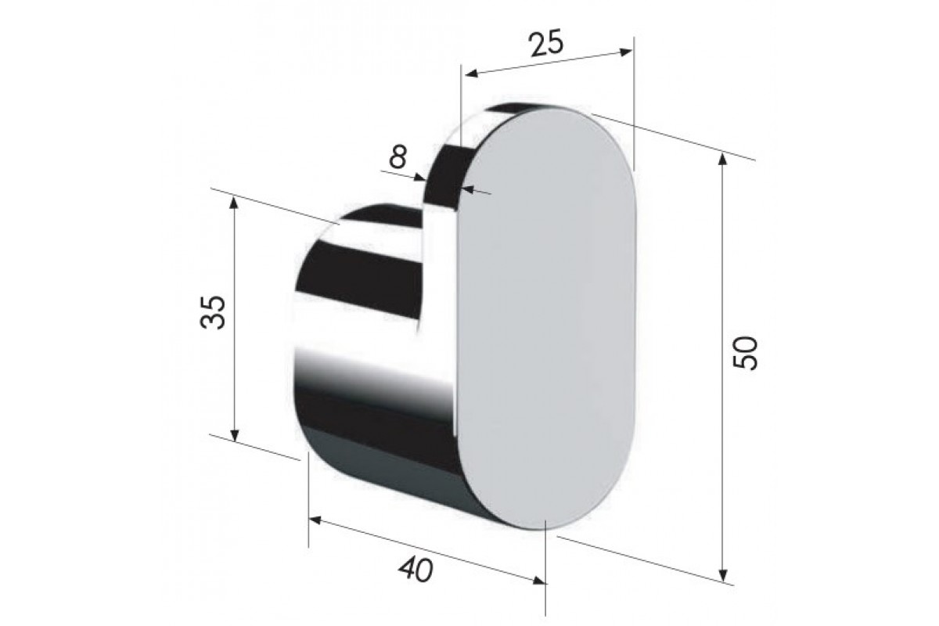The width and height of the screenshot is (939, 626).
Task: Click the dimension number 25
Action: click(547, 44)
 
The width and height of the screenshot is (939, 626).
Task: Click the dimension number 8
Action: click(398, 156)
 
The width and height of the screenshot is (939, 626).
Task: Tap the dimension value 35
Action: click(213, 312)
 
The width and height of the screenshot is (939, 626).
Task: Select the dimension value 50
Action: click(745, 353)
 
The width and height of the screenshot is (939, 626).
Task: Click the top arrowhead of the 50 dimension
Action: click(722, 160)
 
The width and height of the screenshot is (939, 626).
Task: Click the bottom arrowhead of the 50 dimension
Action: click(723, 575)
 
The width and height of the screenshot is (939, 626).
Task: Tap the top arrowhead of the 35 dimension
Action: click(234, 203)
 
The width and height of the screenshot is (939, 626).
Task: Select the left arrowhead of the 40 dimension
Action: click(315, 520)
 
